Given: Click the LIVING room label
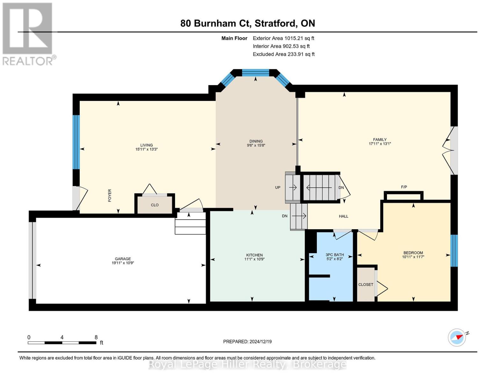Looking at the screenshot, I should tap(146, 145).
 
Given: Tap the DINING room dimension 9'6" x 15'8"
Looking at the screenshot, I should tap(256, 146).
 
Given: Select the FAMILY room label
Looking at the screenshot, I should tap(380, 139).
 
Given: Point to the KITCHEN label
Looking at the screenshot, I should tap(254, 255).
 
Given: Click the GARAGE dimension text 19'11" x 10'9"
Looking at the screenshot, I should tap(123, 263).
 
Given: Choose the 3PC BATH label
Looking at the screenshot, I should tap(334, 255).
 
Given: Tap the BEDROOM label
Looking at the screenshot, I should tap(413, 253).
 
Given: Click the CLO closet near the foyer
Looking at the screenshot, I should tap(155, 205).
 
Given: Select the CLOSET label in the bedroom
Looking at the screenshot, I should tap(366, 284).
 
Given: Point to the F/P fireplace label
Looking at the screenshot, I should tap(404, 187).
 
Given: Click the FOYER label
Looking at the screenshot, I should tap(110, 195).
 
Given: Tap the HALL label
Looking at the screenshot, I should tap(343, 216).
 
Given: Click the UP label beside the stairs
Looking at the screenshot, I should tap(278, 187).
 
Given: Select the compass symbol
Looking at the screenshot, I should tap(457, 337).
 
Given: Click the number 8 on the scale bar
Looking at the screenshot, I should tap(96, 337).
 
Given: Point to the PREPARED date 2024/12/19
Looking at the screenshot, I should tap(247, 342).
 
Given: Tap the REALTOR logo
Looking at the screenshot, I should tap(28, 34).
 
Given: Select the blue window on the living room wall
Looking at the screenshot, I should tap(76, 142).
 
